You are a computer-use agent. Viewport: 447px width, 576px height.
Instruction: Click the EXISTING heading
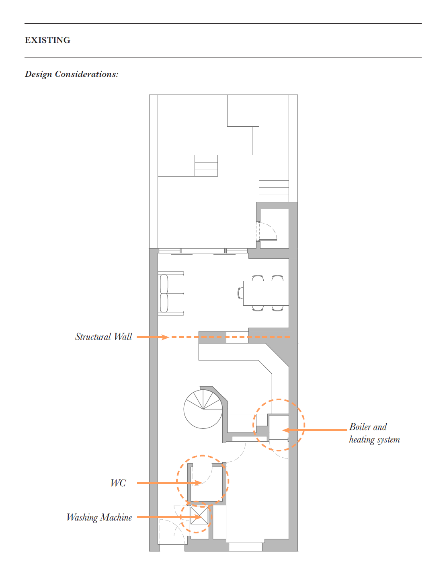[47, 40]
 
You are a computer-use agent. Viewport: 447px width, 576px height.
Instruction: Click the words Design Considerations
[72, 74]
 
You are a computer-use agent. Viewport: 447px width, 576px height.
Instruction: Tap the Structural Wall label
[103, 337]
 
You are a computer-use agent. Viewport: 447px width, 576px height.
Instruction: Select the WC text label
[118, 483]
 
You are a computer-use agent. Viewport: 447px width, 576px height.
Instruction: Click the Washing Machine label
[99, 517]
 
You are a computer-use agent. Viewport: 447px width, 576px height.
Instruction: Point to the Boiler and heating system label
[374, 433]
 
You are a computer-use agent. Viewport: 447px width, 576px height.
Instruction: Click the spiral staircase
[202, 409]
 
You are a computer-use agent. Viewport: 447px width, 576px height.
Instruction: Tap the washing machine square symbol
[199, 515]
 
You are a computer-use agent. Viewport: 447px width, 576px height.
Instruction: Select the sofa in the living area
[171, 294]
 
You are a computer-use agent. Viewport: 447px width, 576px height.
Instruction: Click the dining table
[266, 293]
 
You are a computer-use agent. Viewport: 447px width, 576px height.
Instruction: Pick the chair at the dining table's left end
[240, 293]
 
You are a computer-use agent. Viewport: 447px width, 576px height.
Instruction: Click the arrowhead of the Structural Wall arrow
[165, 337]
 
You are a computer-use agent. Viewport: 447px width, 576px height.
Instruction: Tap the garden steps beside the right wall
[274, 191]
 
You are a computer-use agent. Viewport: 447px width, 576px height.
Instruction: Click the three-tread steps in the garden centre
[206, 166]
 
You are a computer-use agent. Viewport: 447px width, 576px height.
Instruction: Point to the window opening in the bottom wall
[245, 547]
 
